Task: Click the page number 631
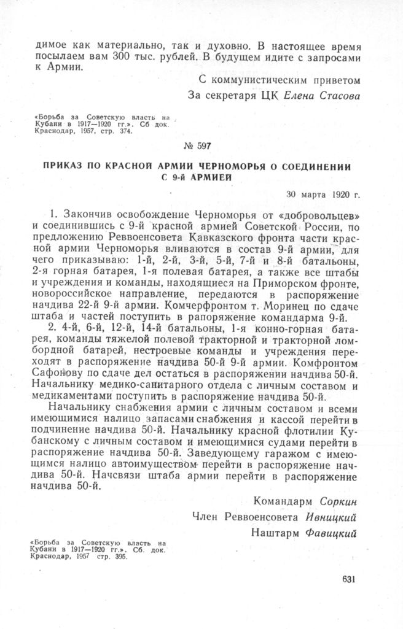tap(347, 579)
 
